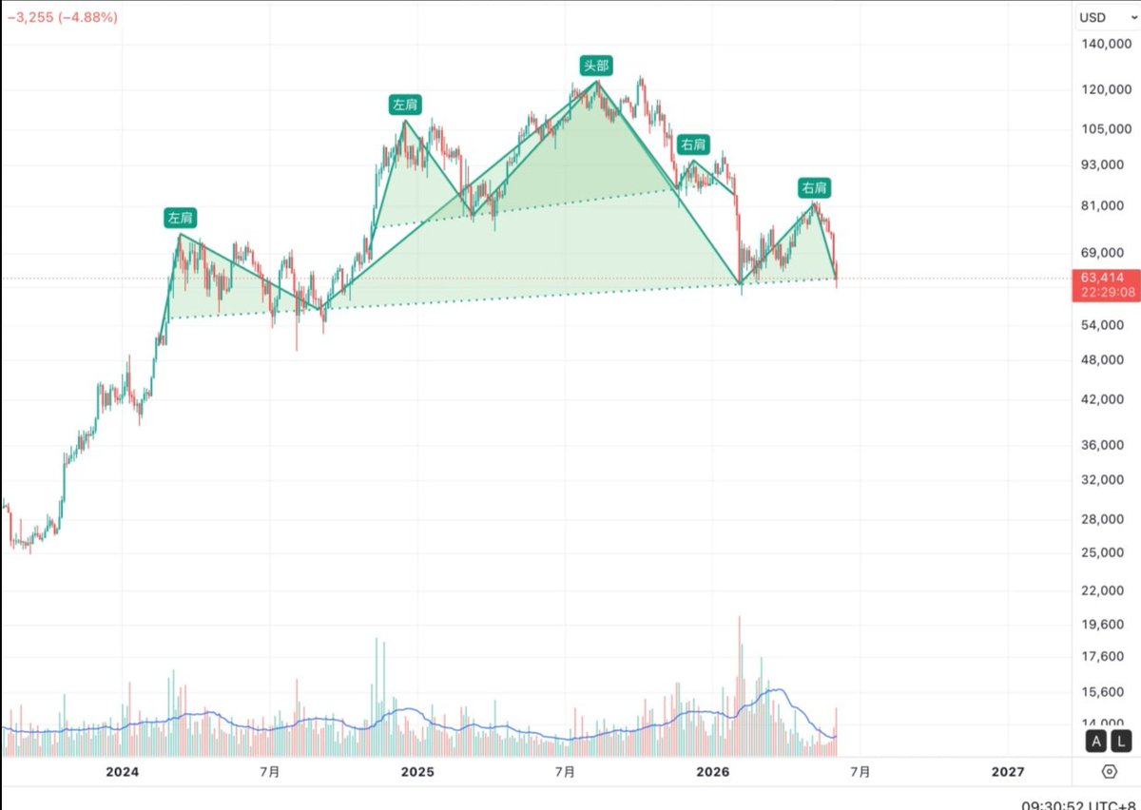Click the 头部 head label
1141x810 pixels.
pyautogui.click(x=596, y=66)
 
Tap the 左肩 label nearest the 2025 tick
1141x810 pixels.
pyautogui.click(x=405, y=105)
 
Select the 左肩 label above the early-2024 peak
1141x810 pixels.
pyautogui.click(x=181, y=218)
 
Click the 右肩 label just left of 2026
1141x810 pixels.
pyautogui.click(x=693, y=145)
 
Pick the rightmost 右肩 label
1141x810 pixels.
pyautogui.click(x=814, y=188)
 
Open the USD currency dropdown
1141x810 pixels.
pyautogui.click(x=1108, y=18)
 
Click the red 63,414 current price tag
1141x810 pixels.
pyautogui.click(x=1106, y=285)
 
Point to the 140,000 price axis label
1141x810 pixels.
pyautogui.click(x=1106, y=44)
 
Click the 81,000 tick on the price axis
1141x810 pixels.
pyautogui.click(x=1102, y=205)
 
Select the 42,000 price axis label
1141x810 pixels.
pyautogui.click(x=1102, y=399)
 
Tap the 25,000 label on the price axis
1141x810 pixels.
pyautogui.click(x=1102, y=552)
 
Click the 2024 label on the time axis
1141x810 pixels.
pyautogui.click(x=123, y=772)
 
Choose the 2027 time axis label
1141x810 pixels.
pyautogui.click(x=1008, y=772)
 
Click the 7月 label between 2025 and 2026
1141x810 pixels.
pyautogui.click(x=565, y=772)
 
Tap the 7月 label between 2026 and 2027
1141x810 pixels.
pyautogui.click(x=861, y=772)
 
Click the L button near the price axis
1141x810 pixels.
pyautogui.click(x=1121, y=742)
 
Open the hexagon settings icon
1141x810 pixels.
pyautogui.click(x=1109, y=772)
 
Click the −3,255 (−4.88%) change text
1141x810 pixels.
pyautogui.click(x=63, y=17)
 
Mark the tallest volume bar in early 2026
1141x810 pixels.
pyautogui.click(x=739, y=685)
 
